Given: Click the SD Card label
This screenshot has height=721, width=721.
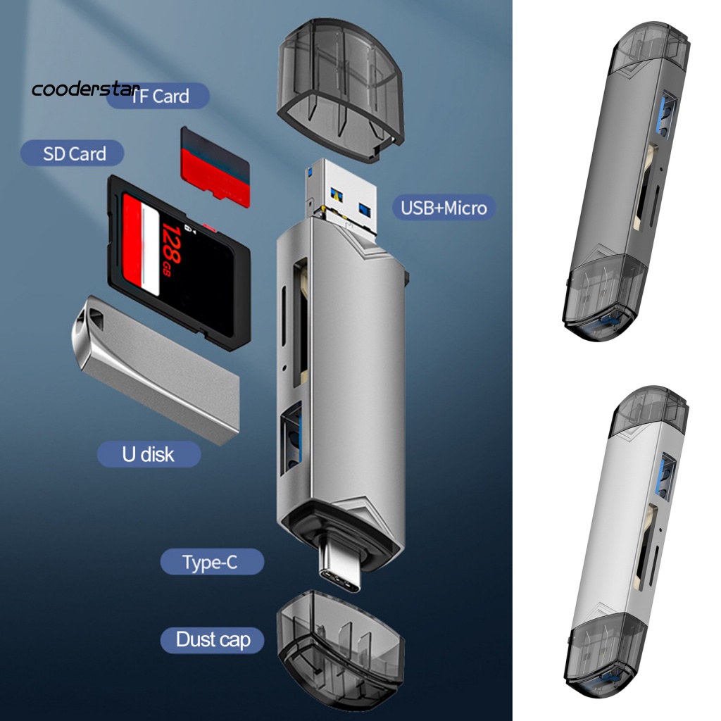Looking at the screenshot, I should click(x=73, y=153).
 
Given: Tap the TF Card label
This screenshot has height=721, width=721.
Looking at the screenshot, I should click(x=158, y=96).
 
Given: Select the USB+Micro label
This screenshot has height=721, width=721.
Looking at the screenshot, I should click(x=443, y=208).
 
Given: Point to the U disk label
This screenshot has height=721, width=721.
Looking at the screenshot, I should click(x=148, y=454).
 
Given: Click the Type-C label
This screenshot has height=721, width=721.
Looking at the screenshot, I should click(x=212, y=563).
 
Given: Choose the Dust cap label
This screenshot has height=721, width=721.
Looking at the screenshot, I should click(x=213, y=639).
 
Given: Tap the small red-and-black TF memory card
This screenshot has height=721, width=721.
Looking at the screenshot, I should click(x=215, y=166).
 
